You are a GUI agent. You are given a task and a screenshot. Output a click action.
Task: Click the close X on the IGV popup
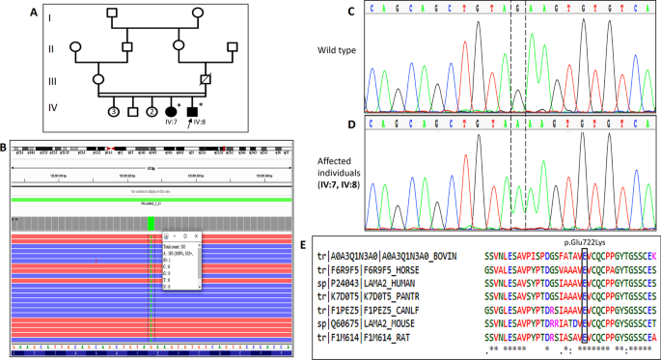[198, 236]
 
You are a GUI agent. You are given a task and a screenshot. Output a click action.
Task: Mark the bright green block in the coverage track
[151, 223]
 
